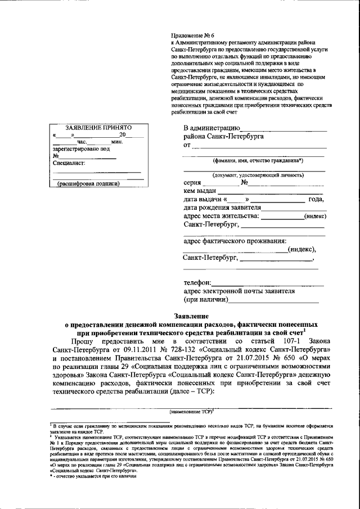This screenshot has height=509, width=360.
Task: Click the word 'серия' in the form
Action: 193,183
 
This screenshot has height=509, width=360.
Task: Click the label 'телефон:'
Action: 197,282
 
